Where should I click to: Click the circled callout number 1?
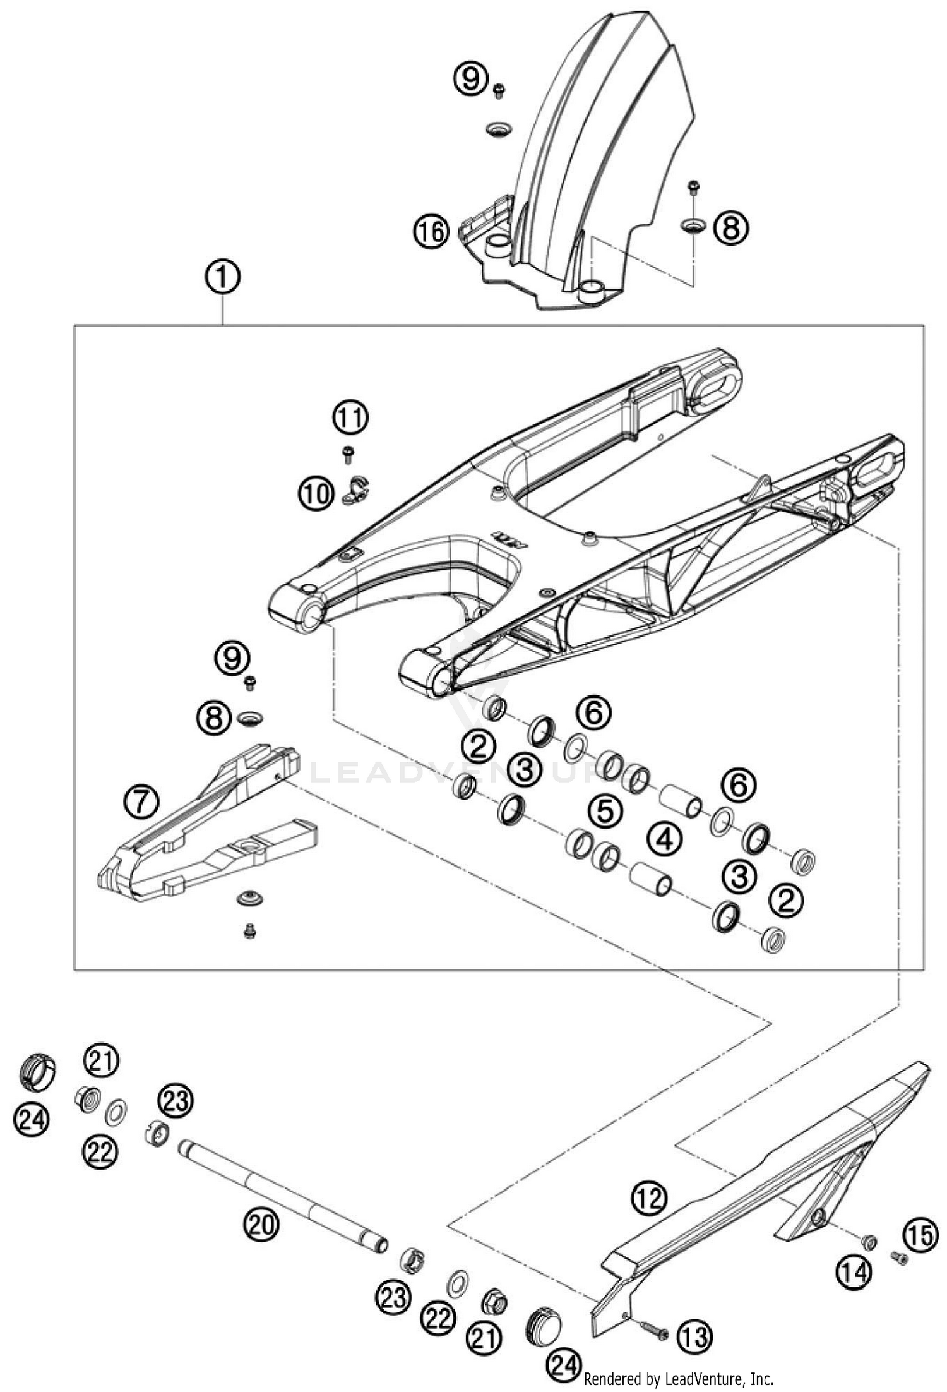click(222, 277)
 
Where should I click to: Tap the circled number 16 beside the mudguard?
click(431, 232)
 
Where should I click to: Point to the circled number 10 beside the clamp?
click(316, 493)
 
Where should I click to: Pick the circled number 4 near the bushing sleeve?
click(664, 839)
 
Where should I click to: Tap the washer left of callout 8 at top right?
click(693, 225)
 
